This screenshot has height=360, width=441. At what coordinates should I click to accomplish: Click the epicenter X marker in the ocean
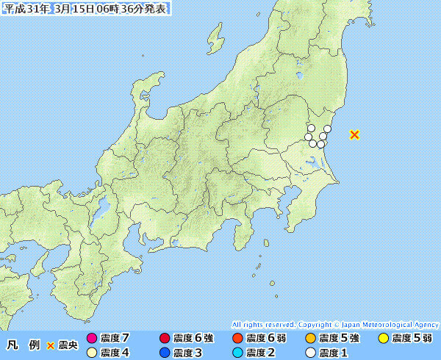pyautogui.click(x=354, y=134)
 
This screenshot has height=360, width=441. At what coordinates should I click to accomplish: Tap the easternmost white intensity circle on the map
pyautogui.click(x=327, y=129)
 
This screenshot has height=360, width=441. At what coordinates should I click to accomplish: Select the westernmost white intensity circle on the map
pyautogui.click(x=309, y=137)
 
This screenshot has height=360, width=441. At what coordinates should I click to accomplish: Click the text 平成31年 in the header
pyautogui.click(x=27, y=9)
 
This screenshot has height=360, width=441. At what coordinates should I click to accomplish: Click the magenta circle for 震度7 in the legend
pyautogui.click(x=91, y=339)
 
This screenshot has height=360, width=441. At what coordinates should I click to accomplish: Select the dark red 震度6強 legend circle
pyautogui.click(x=164, y=339)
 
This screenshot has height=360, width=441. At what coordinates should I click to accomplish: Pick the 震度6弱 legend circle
pyautogui.click(x=237, y=339)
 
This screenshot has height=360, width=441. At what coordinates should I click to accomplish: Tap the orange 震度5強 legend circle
pyautogui.click(x=309, y=339)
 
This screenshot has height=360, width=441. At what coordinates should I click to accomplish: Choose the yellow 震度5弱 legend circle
pyautogui.click(x=382, y=339)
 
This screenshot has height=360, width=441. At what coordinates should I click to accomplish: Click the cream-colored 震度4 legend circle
pyautogui.click(x=91, y=353)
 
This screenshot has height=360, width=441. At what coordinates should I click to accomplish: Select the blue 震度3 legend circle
pyautogui.click(x=164, y=353)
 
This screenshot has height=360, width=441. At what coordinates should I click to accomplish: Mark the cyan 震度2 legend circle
pyautogui.click(x=237, y=353)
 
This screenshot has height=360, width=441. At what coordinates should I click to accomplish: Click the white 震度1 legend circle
pyautogui.click(x=309, y=353)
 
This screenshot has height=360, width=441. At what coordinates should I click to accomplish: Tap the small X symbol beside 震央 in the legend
pyautogui.click(x=51, y=345)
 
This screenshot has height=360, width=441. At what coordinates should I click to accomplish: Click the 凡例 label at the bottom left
pyautogui.click(x=22, y=345)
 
